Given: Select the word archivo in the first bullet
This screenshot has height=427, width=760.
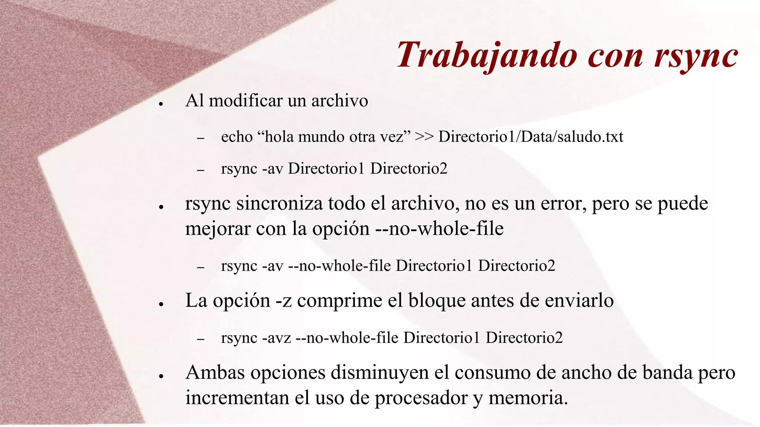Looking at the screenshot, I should [340, 101].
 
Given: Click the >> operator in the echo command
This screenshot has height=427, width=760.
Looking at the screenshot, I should [424, 137].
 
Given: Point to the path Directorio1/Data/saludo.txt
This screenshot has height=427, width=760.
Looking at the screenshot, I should [531, 137].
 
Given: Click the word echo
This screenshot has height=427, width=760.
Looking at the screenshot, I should [237, 137].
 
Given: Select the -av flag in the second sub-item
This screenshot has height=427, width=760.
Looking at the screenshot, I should [273, 169].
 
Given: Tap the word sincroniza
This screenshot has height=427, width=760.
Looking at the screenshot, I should [279, 203].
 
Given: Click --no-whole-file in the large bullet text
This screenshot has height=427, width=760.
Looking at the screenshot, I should [439, 229].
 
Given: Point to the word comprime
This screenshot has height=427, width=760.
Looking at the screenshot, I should [340, 301].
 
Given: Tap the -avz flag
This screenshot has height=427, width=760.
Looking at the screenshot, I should [276, 338].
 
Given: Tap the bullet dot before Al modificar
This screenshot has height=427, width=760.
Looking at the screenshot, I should [161, 104].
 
